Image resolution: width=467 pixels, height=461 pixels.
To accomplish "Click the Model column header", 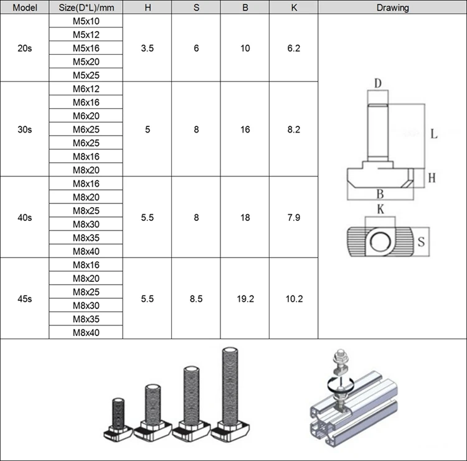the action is (x=25, y=7).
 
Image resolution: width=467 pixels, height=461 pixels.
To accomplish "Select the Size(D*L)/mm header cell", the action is (x=86, y=7).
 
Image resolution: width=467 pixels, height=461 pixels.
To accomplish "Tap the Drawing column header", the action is (x=392, y=7).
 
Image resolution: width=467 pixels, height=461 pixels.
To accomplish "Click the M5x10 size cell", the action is (x=86, y=21).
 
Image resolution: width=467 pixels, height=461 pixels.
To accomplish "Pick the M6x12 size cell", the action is (x=86, y=89).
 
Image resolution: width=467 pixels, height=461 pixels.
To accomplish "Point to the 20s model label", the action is (x=25, y=48).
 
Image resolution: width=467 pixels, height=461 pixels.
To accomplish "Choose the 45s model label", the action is (x=25, y=299).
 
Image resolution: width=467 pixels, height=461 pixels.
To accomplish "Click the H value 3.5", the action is (x=148, y=48).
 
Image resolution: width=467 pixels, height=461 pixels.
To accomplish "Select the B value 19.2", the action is (x=245, y=299).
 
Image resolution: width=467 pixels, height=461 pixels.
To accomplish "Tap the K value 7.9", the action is (x=294, y=218).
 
